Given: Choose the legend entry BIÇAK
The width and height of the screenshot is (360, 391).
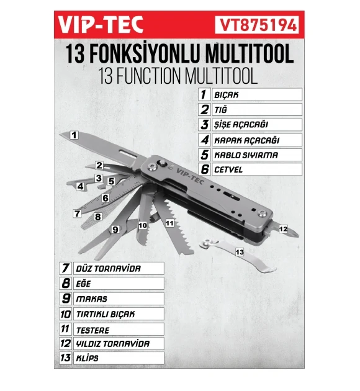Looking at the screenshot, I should pos(227,96).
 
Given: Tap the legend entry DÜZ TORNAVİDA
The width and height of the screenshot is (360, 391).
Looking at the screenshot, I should pos(107,269).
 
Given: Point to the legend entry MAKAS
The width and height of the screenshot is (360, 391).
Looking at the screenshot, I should pos(91,299).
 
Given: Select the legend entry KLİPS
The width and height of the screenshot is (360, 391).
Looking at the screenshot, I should pos(88,359).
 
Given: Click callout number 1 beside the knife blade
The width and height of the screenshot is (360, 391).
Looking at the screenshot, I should pos(74,134).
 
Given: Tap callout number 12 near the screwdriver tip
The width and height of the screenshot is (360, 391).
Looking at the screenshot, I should pos(283,229).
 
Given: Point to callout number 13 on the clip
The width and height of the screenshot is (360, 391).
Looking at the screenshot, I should pos(240,251).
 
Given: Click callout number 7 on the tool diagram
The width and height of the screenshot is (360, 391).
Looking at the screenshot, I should pos(77,213).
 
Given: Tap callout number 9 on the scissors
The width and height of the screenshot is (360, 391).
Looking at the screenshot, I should pos(114,229).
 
